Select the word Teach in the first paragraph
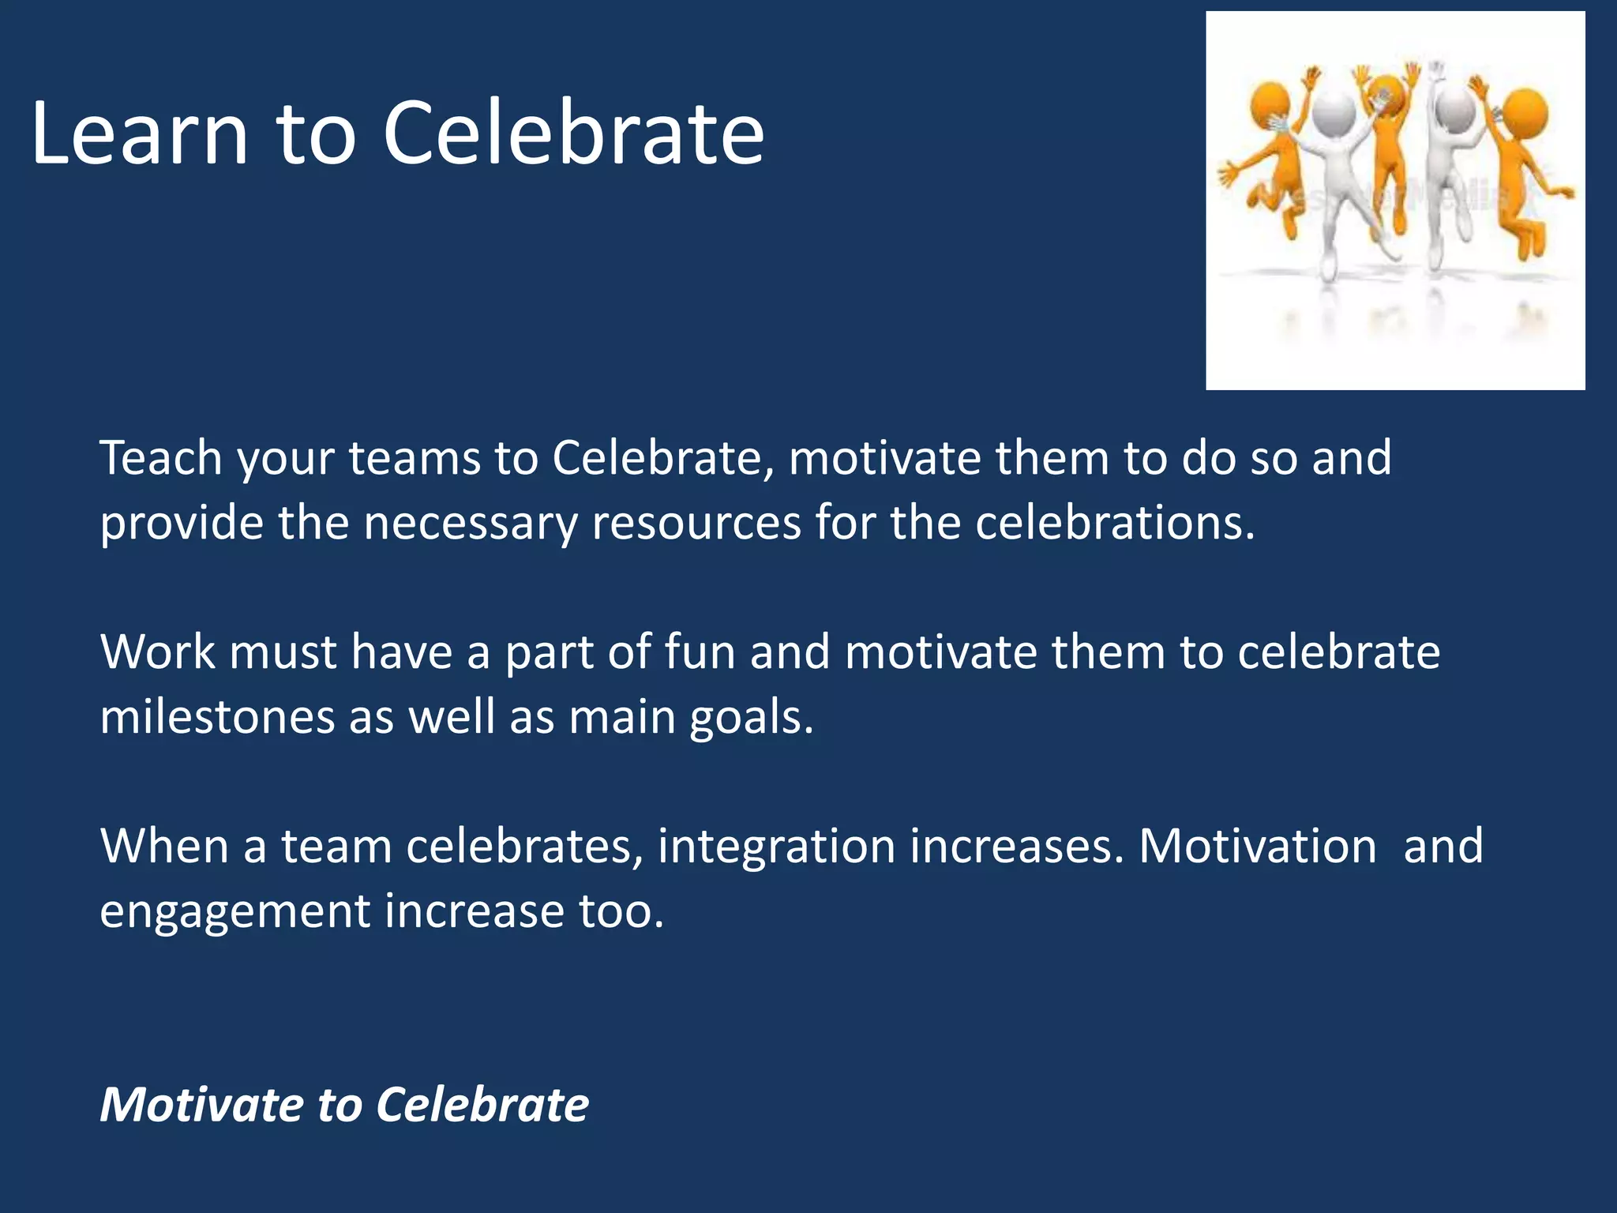[161, 458]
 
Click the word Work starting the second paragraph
[158, 652]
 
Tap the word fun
[700, 652]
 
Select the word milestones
[217, 717]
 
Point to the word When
[164, 846]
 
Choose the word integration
[776, 847]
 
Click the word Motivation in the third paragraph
[1257, 846]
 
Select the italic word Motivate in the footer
[201, 1104]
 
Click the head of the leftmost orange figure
[1270, 103]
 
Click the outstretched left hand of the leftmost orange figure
[1226, 172]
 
